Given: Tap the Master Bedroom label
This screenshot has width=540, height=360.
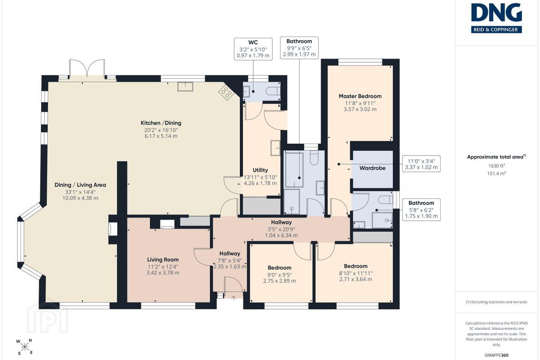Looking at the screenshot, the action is (360, 96).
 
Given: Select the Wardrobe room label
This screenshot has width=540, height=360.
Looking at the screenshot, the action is (372, 168).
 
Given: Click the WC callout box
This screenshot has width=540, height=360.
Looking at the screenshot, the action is (253, 49).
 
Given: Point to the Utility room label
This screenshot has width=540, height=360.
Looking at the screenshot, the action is (260, 170).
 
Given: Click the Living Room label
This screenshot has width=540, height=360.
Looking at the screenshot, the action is (163, 260).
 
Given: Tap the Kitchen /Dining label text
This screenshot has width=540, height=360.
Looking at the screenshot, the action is (161, 123).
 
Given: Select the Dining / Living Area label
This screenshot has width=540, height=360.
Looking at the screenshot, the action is (80, 185).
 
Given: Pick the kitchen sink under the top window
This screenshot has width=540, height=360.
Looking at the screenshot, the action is (185, 87).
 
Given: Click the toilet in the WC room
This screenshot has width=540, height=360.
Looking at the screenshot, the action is (273, 91).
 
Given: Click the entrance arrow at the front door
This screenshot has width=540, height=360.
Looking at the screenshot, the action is (234, 298).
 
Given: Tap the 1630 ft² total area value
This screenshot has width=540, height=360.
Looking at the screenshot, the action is (496, 166).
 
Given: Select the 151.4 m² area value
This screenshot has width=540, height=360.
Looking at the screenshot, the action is (496, 173).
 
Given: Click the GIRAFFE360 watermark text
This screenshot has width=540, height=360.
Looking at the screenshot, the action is (496, 355).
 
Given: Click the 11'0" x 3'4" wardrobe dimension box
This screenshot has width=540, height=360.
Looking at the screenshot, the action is (421, 164).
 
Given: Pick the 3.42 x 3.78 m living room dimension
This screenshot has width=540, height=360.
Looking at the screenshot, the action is (163, 273).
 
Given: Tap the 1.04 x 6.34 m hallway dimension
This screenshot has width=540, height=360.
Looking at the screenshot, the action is (281, 235).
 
